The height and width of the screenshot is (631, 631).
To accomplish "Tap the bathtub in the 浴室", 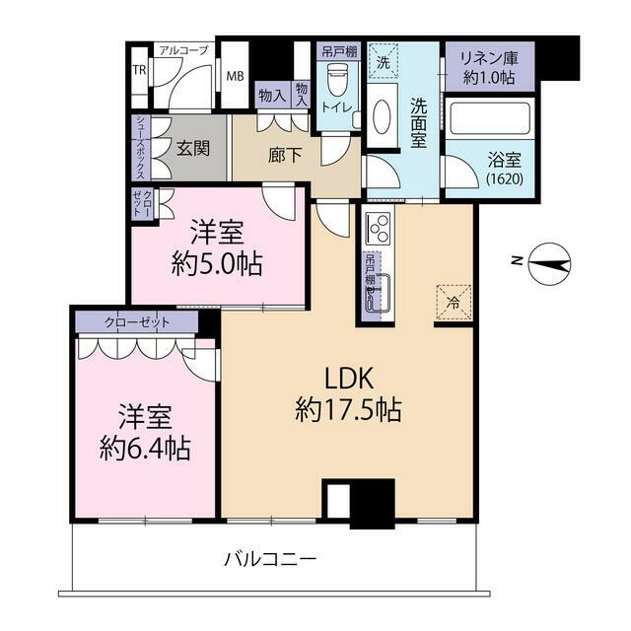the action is click(x=490, y=118).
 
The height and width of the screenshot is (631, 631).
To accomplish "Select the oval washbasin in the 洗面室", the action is click(x=382, y=115).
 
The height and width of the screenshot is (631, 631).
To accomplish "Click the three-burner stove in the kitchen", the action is click(x=378, y=228).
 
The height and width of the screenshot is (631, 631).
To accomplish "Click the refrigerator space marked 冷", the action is click(x=454, y=303).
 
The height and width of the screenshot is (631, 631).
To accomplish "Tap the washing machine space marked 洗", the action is click(x=383, y=61).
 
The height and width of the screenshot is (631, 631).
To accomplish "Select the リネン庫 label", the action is click(x=489, y=59).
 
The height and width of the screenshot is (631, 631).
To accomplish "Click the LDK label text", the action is click(x=349, y=379).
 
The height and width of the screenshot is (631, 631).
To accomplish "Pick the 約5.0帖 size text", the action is click(x=217, y=264).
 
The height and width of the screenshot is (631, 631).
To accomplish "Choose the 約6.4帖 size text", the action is click(x=145, y=449).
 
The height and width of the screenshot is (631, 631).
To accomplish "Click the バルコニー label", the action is click(x=270, y=559).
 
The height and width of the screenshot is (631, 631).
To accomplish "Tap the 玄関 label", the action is click(x=193, y=149).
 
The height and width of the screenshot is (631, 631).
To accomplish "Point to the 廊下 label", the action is click(x=285, y=155).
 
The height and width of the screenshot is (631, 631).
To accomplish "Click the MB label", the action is click(x=235, y=76).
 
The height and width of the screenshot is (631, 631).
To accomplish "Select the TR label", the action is click(x=139, y=70).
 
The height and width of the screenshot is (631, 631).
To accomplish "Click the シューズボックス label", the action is click(x=141, y=148).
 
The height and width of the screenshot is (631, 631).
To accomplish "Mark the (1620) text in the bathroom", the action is click(x=505, y=178).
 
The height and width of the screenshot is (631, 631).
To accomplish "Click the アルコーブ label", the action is click(x=184, y=50).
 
